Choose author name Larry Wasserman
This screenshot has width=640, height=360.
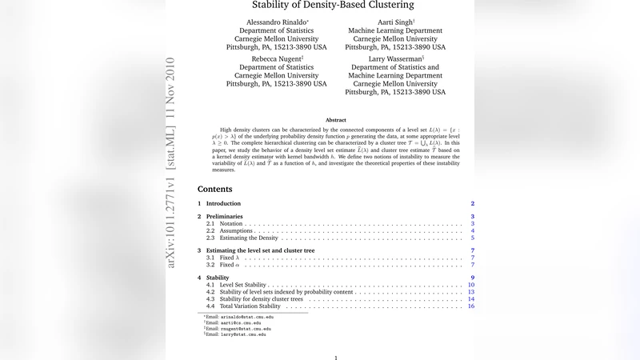395,58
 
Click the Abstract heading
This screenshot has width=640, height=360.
336,119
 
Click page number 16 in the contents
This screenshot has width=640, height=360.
471,306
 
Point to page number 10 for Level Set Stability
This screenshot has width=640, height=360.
471,285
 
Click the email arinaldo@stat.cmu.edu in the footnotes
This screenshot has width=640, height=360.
242,318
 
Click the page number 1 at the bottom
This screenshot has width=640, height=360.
336,357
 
